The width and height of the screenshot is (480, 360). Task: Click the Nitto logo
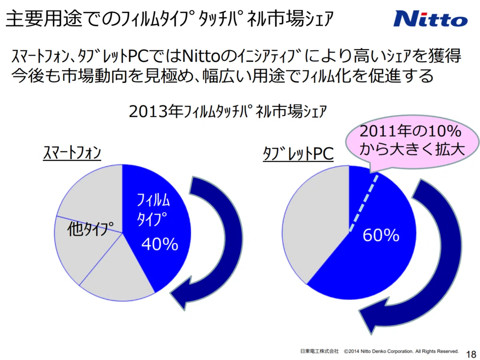[430, 19]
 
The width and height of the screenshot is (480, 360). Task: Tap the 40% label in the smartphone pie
[160, 244]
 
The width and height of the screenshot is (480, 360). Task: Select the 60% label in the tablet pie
[381, 235]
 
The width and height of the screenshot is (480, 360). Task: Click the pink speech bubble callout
[412, 142]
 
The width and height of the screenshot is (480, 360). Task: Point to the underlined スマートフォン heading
[72, 153]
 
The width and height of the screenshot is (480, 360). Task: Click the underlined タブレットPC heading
[298, 154]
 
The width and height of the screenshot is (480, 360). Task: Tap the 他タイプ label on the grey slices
[90, 229]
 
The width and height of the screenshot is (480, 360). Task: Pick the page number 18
[471, 354]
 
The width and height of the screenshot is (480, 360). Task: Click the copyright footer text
[379, 351]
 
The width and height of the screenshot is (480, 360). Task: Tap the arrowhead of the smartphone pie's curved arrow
[182, 293]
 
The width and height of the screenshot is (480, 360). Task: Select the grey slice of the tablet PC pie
[315, 225]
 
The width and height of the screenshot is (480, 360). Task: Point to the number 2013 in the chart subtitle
[148, 112]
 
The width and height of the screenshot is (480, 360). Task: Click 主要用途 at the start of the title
[44, 19]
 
